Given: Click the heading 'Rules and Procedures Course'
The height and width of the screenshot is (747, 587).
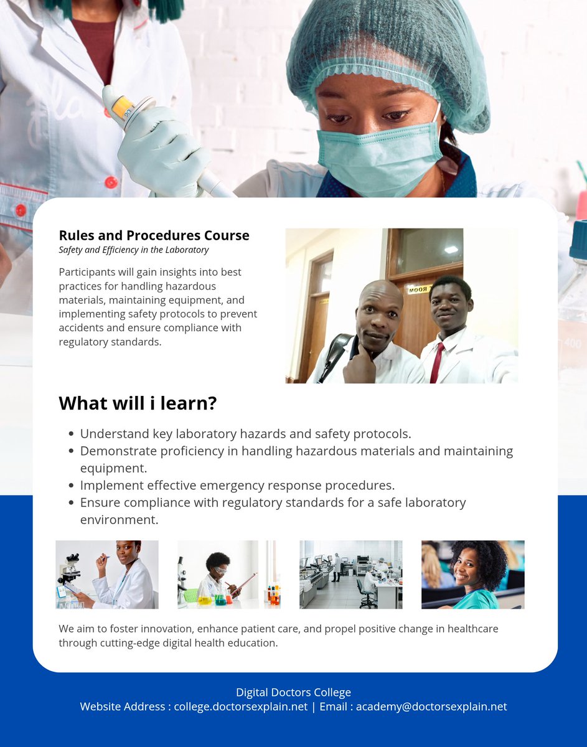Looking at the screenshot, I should click(154, 235).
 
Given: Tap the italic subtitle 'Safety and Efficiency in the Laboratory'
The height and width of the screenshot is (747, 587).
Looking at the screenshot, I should click(134, 250).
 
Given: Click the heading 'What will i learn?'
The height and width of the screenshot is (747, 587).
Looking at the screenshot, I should click(138, 403).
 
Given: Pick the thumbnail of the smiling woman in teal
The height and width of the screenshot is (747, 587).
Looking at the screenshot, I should click(472, 574).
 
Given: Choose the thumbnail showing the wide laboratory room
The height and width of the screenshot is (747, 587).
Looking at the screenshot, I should click(350, 574).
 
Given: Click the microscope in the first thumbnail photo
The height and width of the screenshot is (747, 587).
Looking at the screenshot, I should click(70, 570).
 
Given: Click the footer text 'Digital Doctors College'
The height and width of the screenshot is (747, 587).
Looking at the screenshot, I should click(293, 692).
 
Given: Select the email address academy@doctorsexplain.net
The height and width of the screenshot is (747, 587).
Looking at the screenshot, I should click(431, 707).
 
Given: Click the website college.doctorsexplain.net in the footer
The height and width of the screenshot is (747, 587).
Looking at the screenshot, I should click(241, 707).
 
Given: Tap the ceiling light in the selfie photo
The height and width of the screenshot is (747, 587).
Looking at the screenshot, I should click(451, 249).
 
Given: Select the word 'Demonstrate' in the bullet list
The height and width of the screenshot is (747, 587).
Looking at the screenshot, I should click(116, 451).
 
